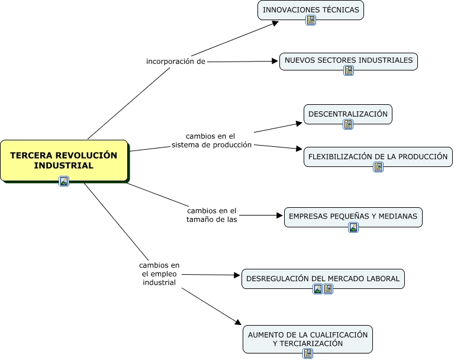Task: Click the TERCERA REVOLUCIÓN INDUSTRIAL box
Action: [x=64, y=160]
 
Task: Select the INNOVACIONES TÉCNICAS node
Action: [x=311, y=10]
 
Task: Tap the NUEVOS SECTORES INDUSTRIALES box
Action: [x=349, y=60]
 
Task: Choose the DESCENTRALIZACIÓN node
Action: [x=348, y=114]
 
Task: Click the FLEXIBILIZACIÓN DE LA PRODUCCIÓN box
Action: [x=378, y=157]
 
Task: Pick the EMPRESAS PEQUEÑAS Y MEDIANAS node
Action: [x=353, y=217]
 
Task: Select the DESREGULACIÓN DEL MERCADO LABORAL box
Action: [x=323, y=278]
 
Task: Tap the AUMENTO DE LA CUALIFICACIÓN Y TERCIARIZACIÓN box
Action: [x=308, y=339]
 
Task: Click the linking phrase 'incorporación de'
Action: [x=176, y=62]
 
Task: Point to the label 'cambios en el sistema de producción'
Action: [x=211, y=140]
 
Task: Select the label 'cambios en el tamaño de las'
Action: [x=212, y=215]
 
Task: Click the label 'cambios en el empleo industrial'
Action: [x=159, y=274]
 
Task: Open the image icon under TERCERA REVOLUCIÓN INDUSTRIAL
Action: [x=64, y=181]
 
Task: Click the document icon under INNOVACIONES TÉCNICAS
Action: [x=311, y=20]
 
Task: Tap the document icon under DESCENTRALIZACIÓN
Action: [x=348, y=124]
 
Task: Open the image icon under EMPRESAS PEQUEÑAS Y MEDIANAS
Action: [x=353, y=227]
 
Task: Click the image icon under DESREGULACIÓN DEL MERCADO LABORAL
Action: [x=318, y=289]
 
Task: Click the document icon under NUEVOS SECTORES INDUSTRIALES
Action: [x=349, y=70]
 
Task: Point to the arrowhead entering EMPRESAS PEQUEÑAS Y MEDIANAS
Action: [x=280, y=216]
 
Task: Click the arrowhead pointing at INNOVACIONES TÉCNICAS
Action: [x=275, y=23]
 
